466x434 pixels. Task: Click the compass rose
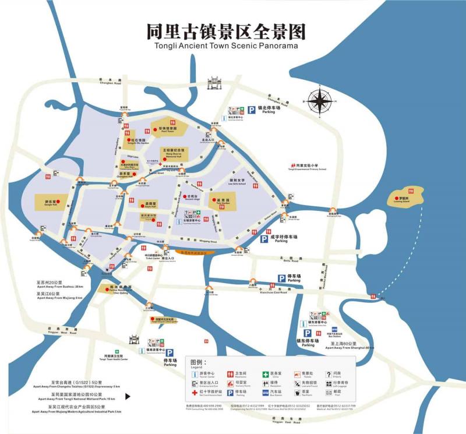coord(320,101)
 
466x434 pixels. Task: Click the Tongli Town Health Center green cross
coord(117,352)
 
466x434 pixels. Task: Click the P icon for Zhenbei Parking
coord(251,109)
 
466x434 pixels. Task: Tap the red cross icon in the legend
coord(195,392)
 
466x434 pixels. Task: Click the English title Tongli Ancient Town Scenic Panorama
coord(226,45)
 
